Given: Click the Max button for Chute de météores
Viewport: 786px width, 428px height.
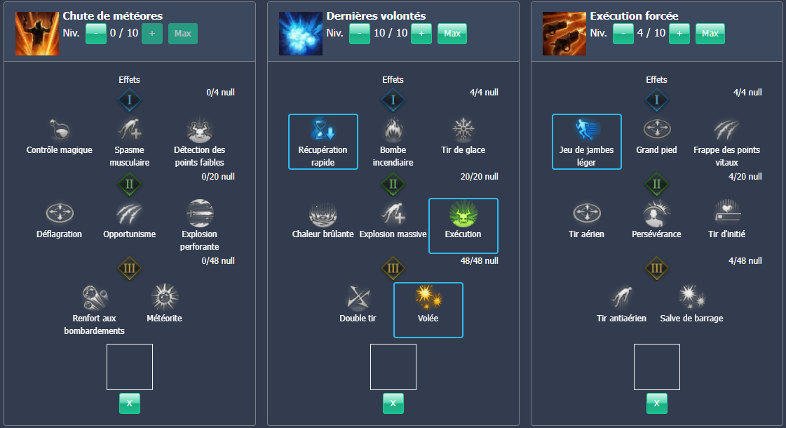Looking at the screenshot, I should point(182,34).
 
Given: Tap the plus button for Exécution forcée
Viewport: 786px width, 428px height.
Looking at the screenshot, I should point(679,34).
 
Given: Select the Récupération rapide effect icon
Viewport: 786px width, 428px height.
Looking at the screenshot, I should point(323,131).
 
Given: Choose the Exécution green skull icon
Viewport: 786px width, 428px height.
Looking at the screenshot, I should point(463,214).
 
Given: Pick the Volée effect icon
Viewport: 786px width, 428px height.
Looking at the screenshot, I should point(428,298).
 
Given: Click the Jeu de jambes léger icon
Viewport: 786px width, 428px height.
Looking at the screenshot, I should point(587,131).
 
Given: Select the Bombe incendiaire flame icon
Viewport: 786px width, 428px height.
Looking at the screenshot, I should point(393,131).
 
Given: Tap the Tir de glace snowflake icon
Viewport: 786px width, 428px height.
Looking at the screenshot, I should point(463,131).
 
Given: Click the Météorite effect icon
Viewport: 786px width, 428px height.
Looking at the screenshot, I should point(165,298).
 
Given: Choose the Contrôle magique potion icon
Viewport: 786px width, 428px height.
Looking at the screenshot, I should point(60,131).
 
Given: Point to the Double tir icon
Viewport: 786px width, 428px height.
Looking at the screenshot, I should point(358,298).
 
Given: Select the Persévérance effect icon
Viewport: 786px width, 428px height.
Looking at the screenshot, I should point(656,214).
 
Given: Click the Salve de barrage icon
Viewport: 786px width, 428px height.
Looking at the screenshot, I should point(691,298).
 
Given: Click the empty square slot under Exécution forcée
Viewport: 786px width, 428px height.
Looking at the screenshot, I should point(656,366).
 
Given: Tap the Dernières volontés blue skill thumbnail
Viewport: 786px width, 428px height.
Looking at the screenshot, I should point(301,34).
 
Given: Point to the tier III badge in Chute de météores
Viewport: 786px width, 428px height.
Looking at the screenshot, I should point(130,267).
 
